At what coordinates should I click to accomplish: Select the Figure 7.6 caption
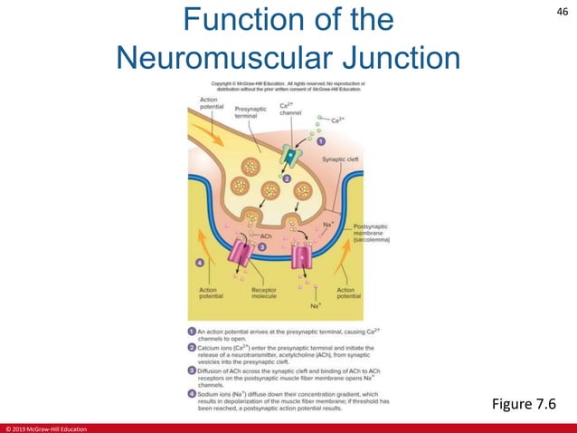(524, 401)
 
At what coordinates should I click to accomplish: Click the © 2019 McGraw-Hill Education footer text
(45, 428)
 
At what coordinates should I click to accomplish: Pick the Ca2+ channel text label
(290, 109)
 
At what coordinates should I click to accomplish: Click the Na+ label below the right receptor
(317, 306)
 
